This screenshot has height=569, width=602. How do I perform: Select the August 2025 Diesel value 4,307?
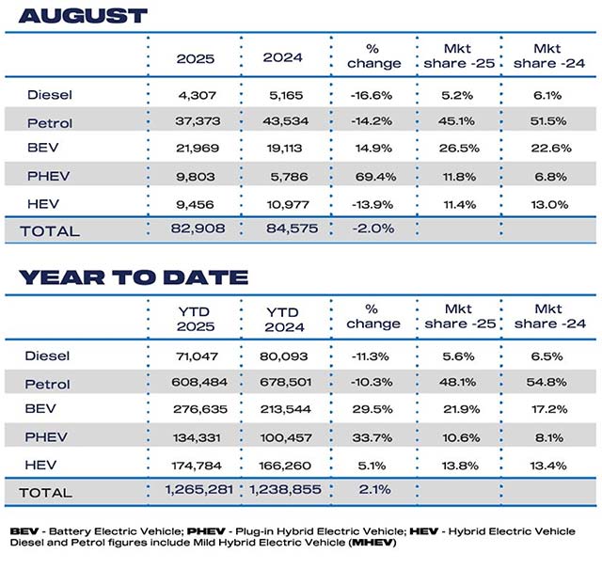point(195,94)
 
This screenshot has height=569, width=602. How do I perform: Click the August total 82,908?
point(195,229)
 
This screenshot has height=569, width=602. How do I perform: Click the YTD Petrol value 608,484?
point(195,383)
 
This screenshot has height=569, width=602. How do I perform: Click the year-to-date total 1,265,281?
point(195,491)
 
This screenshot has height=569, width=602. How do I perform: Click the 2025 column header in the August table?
point(195,58)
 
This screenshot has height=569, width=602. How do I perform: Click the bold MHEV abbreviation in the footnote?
point(364,546)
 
